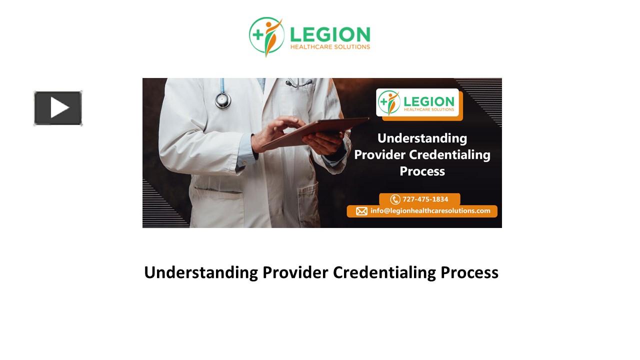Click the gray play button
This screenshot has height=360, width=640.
(x=58, y=108)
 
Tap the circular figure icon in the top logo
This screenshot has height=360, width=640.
(x=266, y=36)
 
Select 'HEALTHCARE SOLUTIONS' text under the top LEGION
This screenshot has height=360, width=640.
(x=330, y=47)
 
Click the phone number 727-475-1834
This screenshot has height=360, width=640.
(x=425, y=199)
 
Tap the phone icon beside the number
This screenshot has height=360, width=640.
(x=395, y=199)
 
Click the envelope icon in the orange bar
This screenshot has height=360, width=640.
(x=361, y=211)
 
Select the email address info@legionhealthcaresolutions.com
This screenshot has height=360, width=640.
(x=430, y=211)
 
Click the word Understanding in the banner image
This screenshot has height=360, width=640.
(x=422, y=138)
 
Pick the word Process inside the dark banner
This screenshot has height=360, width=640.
(x=422, y=171)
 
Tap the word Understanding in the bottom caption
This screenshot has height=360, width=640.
(x=201, y=272)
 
